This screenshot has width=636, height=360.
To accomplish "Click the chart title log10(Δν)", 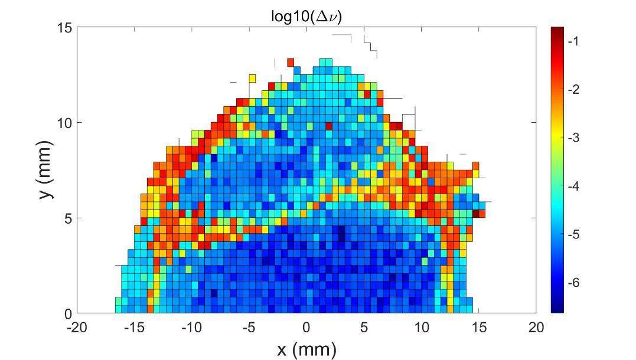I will [x=306, y=16].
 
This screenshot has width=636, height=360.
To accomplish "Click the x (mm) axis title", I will [x=306, y=349].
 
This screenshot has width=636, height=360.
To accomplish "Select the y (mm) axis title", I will [x=46, y=170].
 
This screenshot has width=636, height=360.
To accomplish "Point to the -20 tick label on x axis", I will [x=77, y=328].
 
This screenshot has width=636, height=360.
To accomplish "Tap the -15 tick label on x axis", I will [x=135, y=328].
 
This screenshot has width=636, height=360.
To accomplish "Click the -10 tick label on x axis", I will [x=192, y=328].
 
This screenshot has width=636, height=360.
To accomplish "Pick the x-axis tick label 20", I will [x=536, y=328].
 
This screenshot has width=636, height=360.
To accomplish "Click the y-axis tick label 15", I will [x=64, y=28].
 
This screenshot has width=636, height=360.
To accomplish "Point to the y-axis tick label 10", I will [x=64, y=123].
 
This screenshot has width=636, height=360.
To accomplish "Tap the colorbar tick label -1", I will [x=573, y=41].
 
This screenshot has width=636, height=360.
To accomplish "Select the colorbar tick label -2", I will [x=573, y=89].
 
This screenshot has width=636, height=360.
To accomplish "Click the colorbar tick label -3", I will [x=573, y=138].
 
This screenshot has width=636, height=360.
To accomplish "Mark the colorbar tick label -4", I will [x=573, y=186].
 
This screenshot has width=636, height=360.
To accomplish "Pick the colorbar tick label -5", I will [x=573, y=234].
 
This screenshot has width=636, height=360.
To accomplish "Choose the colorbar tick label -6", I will [x=573, y=283].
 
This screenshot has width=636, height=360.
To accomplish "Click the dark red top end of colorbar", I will [x=557, y=30].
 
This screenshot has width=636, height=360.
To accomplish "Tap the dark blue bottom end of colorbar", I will [x=557, y=309].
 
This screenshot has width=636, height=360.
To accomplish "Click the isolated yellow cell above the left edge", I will [x=253, y=78].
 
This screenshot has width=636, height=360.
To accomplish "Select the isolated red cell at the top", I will [x=291, y=62].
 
